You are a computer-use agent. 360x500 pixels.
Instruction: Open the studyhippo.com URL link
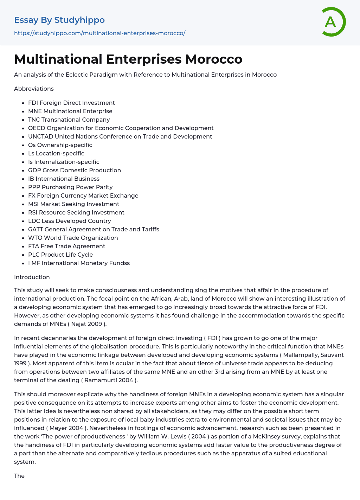click(99, 33)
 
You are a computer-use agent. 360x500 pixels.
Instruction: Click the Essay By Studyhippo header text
click(59, 20)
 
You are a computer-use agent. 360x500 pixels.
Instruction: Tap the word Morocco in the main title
click(214, 59)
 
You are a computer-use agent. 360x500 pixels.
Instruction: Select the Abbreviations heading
click(34, 89)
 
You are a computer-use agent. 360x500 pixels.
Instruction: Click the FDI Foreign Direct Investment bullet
click(71, 103)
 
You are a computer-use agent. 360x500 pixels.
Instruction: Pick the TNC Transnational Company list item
click(69, 120)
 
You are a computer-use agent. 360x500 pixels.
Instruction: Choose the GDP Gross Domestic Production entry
click(75, 170)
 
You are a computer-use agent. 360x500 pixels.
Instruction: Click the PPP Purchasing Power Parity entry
click(70, 187)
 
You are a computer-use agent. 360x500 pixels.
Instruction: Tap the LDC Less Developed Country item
click(70, 221)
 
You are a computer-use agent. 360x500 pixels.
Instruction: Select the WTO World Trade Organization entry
click(73, 238)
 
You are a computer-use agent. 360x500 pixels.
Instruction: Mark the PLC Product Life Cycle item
click(60, 255)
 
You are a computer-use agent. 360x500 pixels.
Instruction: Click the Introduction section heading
click(32, 277)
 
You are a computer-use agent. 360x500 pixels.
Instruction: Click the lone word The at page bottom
click(19, 476)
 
